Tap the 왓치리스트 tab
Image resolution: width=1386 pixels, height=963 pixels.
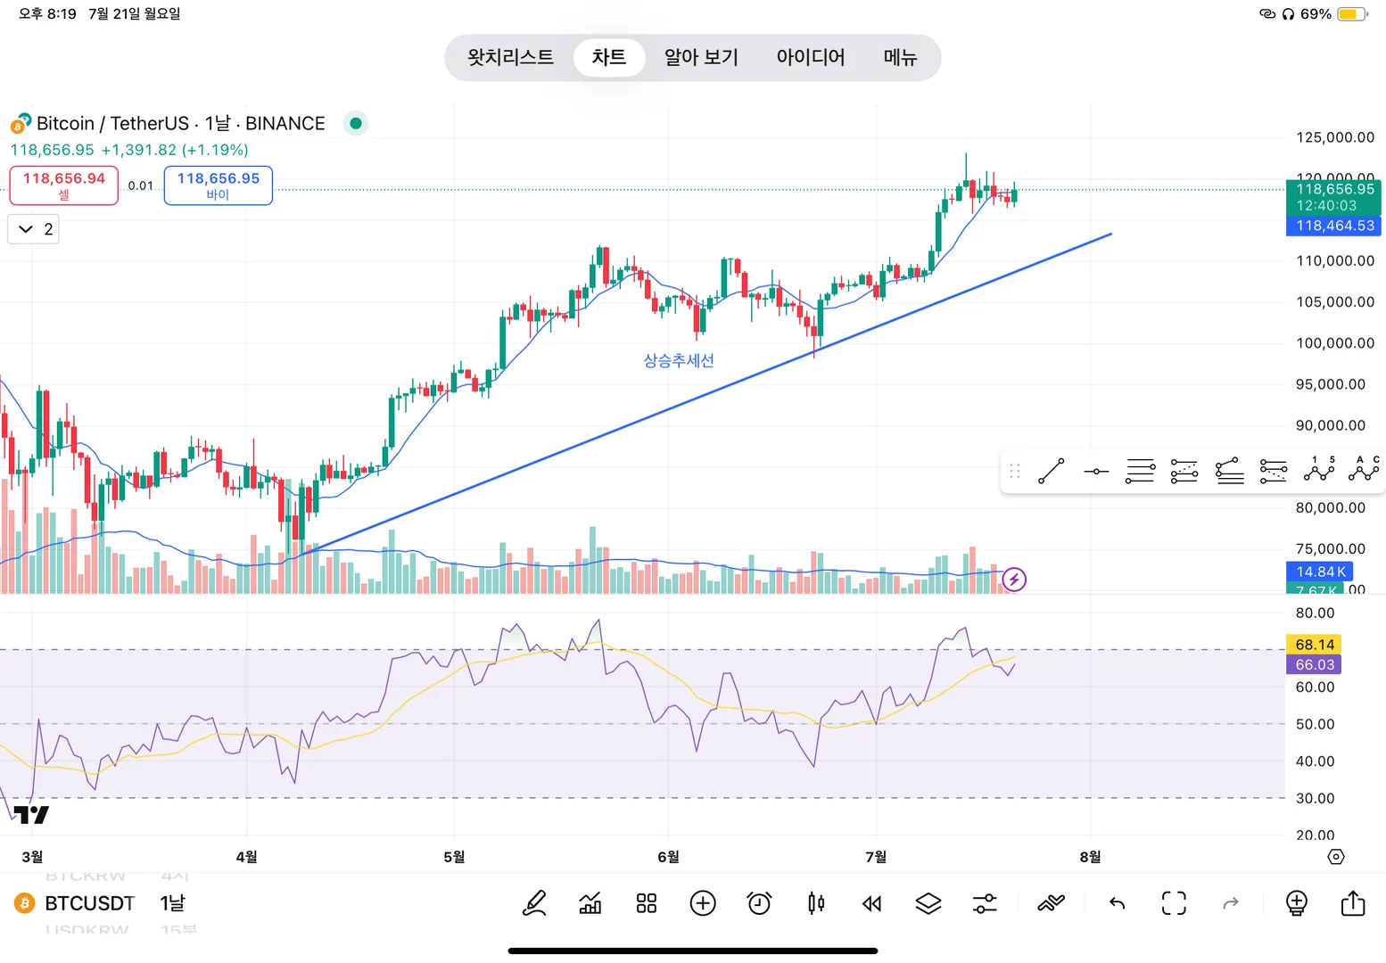(x=510, y=58)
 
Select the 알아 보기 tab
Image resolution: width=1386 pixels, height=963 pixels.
(x=701, y=58)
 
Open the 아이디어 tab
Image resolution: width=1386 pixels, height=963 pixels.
(x=810, y=58)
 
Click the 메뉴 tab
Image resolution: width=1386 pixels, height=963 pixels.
(x=900, y=58)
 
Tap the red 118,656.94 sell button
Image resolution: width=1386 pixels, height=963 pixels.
(x=64, y=185)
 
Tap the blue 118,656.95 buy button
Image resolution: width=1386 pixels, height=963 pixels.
(x=218, y=185)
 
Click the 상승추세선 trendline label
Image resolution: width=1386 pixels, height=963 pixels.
(x=679, y=360)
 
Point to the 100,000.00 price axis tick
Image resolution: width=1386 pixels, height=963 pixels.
(x=1334, y=343)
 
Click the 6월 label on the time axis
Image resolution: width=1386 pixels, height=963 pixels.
(x=668, y=857)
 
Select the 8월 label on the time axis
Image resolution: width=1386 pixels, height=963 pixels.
(x=1090, y=857)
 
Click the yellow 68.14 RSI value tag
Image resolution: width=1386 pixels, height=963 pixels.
(x=1315, y=645)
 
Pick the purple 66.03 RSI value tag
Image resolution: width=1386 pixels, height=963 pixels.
(x=1315, y=665)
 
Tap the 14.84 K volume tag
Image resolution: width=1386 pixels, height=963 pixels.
(x=1320, y=572)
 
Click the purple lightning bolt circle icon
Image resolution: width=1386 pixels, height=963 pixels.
(x=1014, y=580)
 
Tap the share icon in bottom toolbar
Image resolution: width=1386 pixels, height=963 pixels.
(x=1352, y=903)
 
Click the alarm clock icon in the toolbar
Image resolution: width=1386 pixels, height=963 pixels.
(x=759, y=903)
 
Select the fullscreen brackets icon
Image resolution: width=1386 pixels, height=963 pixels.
(x=1174, y=903)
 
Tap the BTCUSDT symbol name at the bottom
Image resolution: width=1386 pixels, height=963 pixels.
(x=89, y=903)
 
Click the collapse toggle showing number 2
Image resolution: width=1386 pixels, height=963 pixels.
(x=34, y=229)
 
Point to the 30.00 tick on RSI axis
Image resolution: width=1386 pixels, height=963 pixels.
(x=1315, y=798)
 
